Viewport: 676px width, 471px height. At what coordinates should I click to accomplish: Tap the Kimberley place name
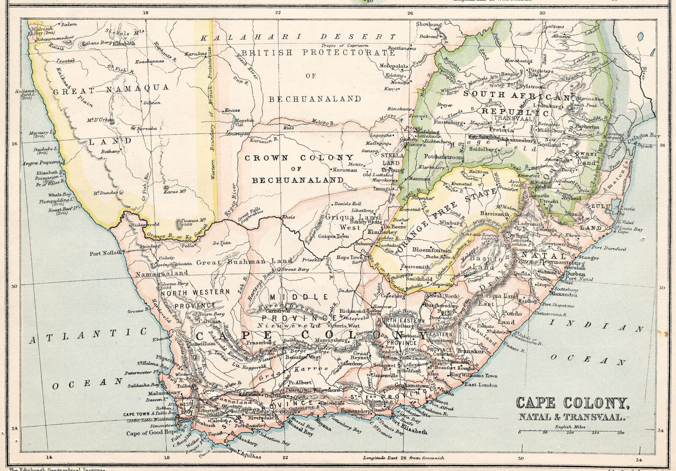[382, 232]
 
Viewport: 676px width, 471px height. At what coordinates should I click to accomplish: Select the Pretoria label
[501, 130]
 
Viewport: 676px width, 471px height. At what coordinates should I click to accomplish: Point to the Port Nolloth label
[105, 253]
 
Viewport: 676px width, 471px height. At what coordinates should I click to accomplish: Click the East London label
[481, 385]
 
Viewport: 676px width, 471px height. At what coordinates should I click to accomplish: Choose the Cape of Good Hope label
[152, 433]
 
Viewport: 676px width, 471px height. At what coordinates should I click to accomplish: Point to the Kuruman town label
[345, 170]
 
